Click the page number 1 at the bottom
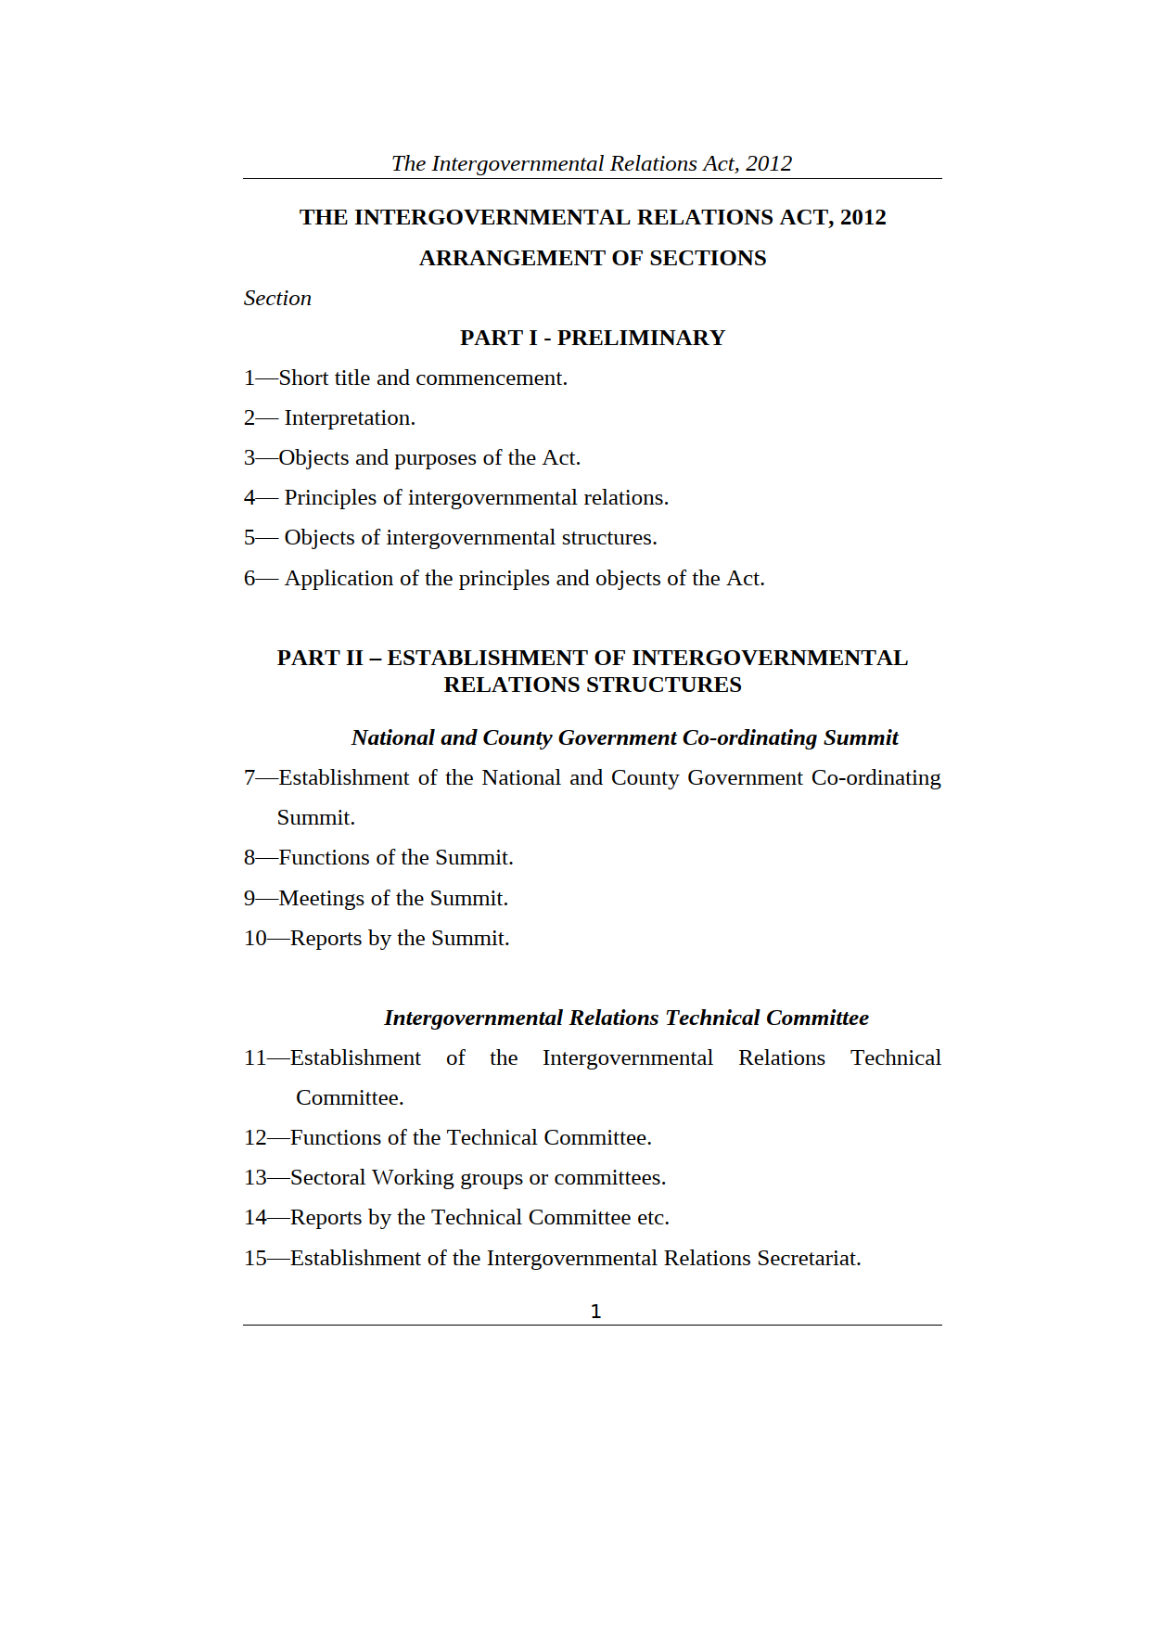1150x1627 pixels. [x=595, y=1311]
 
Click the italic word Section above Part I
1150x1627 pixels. [x=277, y=298]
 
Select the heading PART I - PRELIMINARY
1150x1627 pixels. [x=592, y=338]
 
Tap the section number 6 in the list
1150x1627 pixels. [x=249, y=578]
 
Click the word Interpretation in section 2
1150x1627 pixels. [x=349, y=417]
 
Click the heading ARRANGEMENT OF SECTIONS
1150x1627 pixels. [x=592, y=258]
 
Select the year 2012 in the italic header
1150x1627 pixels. [x=769, y=163]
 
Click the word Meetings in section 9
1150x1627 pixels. [x=321, y=898]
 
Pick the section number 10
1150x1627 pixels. [x=255, y=938]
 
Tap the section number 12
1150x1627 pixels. [x=255, y=1137]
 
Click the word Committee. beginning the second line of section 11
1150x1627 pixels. [x=350, y=1097]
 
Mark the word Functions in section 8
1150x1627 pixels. [x=321, y=857]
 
